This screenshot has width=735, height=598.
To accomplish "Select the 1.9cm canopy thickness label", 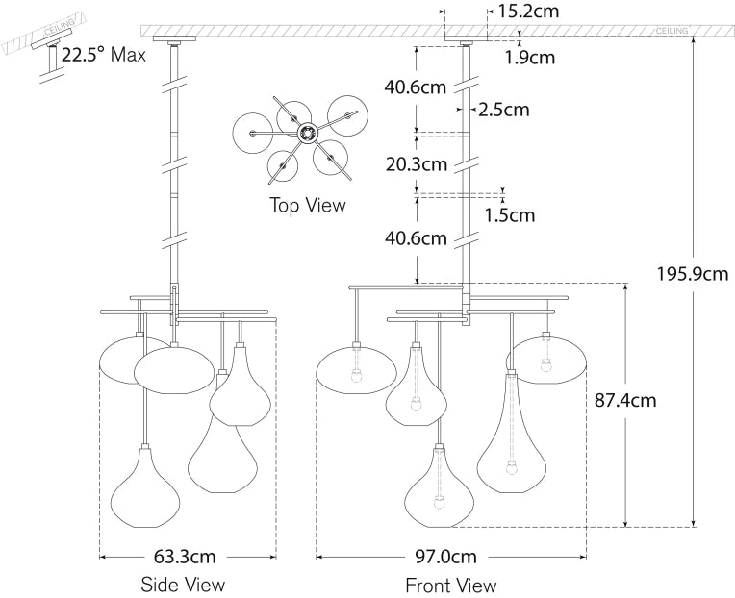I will (530, 58).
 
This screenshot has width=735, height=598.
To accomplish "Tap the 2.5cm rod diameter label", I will (505, 110).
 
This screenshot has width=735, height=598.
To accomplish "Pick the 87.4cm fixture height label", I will (624, 399).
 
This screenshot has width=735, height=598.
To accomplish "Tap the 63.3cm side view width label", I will (185, 556).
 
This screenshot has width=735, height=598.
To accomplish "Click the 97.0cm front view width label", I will (450, 556).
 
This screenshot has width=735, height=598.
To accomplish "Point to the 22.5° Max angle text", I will (103, 54).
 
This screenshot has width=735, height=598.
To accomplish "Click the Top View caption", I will (307, 205).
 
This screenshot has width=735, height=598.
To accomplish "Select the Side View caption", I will (183, 585).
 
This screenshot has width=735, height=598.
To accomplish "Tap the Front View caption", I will (450, 585).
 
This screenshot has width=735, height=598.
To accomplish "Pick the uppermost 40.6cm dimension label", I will (416, 87).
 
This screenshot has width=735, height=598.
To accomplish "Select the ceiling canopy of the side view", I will (178, 41).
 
